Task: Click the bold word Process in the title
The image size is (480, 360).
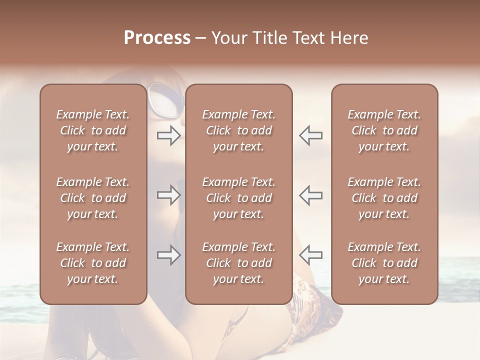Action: coord(157,38)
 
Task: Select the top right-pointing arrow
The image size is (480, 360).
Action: coord(168,135)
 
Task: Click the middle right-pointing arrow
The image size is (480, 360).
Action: coord(168,195)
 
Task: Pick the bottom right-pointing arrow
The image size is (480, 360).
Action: coord(168,255)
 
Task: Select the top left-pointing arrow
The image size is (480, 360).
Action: coord(311,135)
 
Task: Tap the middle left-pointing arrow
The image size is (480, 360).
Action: coord(311,195)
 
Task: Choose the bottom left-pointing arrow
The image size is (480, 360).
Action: coord(311,255)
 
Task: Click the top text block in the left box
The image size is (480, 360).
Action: coord(93,130)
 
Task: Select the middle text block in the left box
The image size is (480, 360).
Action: coord(93,198)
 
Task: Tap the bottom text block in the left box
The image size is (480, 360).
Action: coord(93,263)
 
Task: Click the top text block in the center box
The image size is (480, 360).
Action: coord(238,130)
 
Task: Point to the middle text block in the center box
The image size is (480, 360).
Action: coord(238,198)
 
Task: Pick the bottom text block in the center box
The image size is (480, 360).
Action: coord(238,263)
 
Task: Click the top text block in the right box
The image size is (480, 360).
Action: coord(384,130)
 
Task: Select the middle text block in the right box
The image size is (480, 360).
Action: coord(384,198)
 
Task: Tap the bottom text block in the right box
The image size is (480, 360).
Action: coord(384,263)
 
